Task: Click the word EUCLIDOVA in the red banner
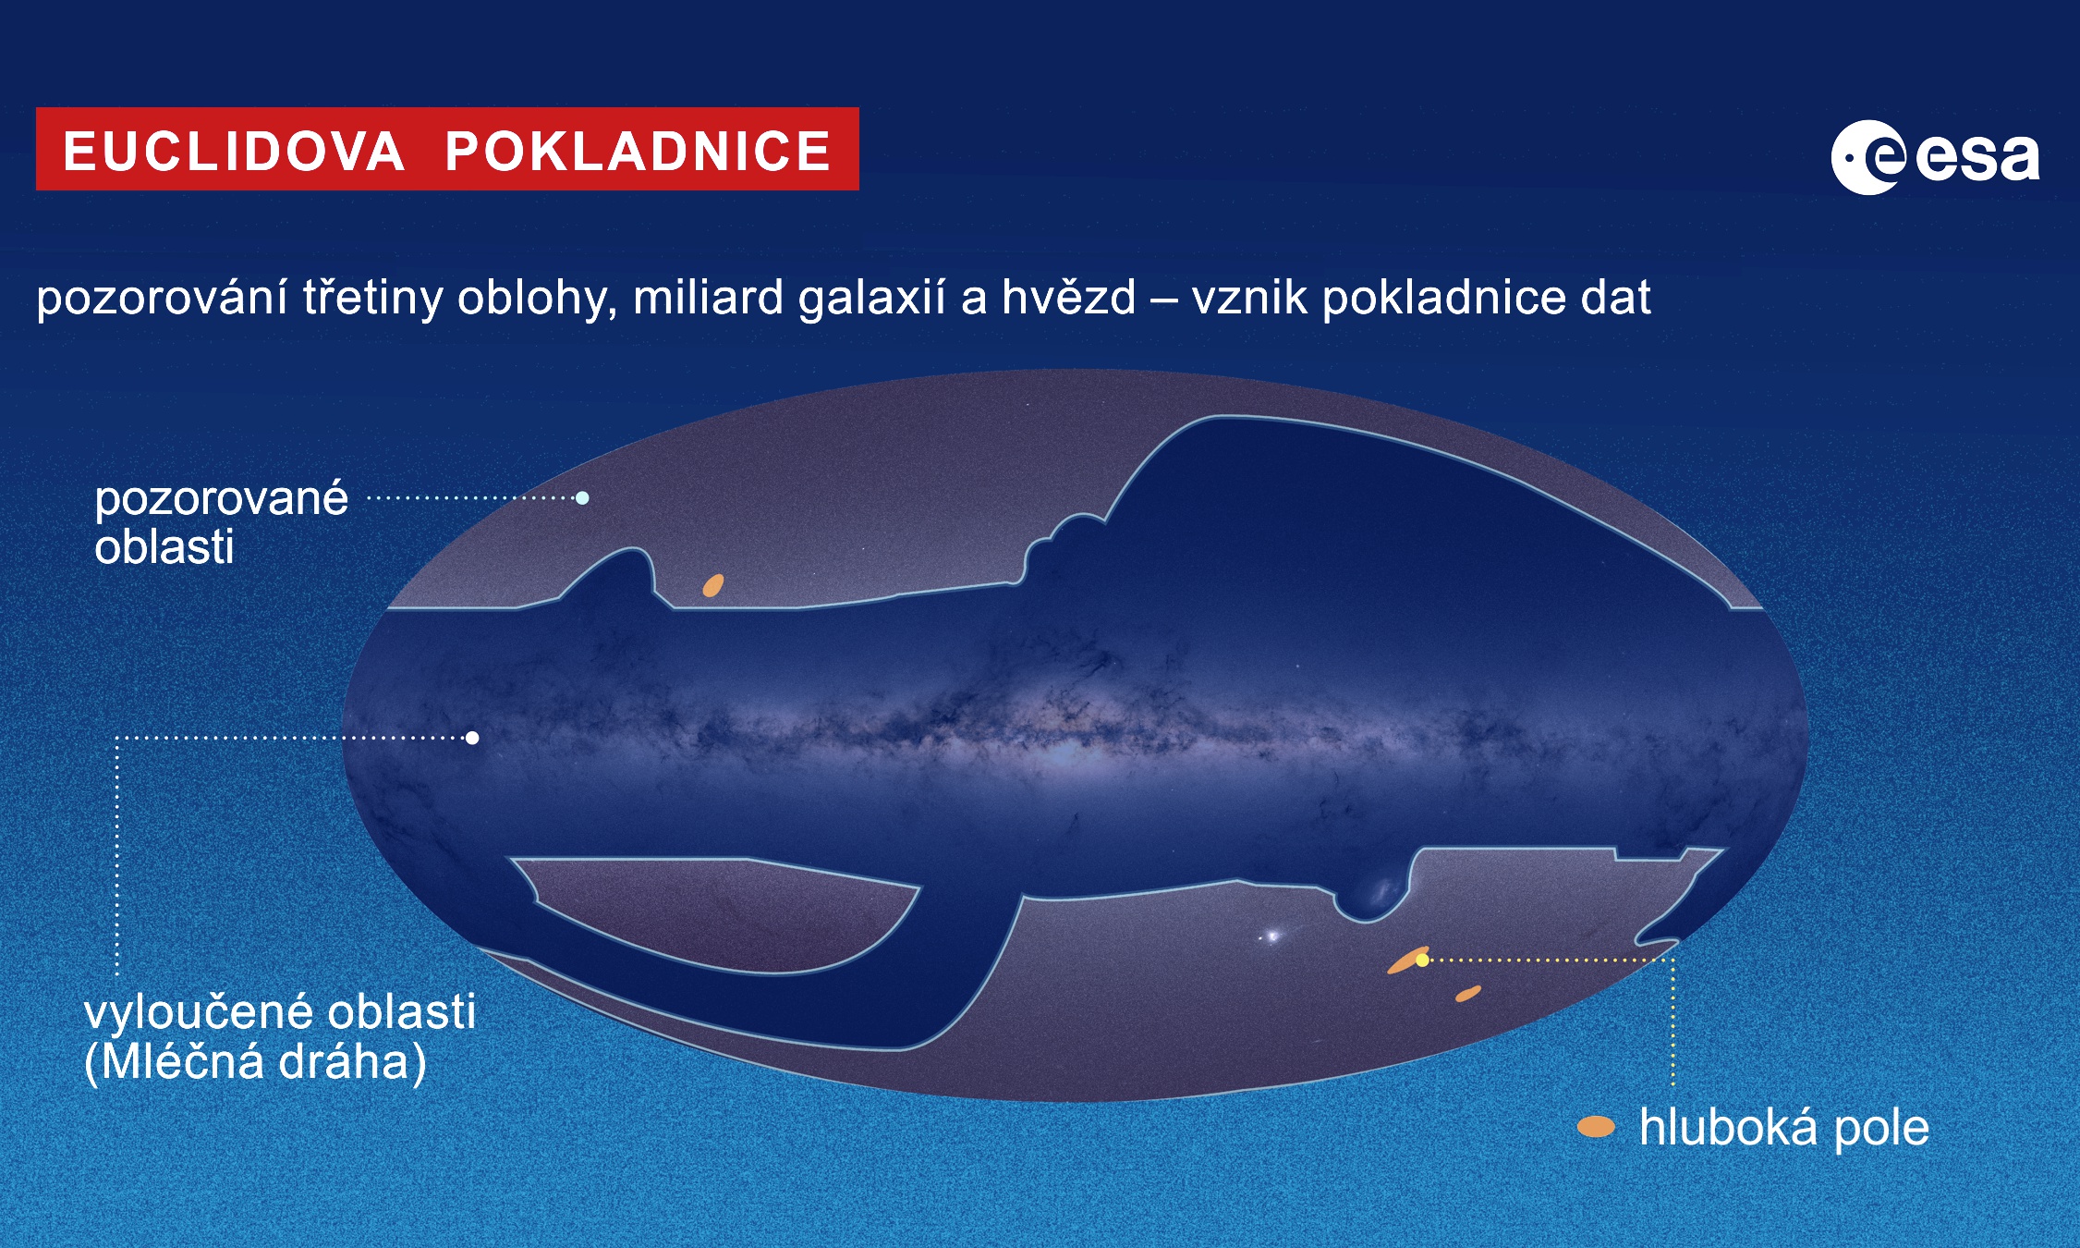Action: (x=234, y=151)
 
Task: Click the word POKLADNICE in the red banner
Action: (x=638, y=151)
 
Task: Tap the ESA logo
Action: (x=1935, y=156)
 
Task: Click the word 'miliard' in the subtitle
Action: (x=708, y=298)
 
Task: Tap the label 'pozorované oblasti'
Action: (x=221, y=522)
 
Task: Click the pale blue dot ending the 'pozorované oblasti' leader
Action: (x=582, y=497)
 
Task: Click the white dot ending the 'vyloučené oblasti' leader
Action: (x=472, y=738)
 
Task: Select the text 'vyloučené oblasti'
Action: (x=280, y=1010)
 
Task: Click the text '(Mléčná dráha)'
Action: (x=255, y=1061)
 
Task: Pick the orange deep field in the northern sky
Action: (x=713, y=585)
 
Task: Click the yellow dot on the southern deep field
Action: (x=1422, y=960)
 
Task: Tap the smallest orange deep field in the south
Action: (x=1468, y=994)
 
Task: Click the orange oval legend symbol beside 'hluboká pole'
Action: (x=1596, y=1127)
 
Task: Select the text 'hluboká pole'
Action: (x=1784, y=1127)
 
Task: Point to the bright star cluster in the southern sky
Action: (x=1272, y=936)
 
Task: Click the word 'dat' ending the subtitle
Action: (x=1615, y=298)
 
